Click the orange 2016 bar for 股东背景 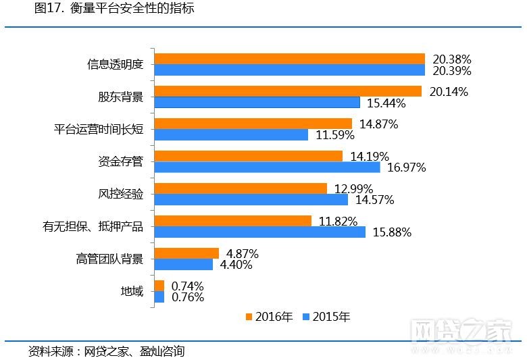tap(288, 91)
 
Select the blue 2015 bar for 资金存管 tap(268, 167)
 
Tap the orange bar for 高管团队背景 tap(187, 253)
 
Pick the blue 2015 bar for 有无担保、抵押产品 tap(260, 232)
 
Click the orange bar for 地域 tap(159, 286)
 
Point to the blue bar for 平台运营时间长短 tap(232, 134)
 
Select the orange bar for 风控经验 tap(241, 188)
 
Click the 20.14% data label tap(449, 92)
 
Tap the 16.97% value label tap(407, 168)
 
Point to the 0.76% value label tap(188, 297)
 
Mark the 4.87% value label tap(243, 254)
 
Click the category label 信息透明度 tap(116, 65)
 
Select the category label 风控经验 tap(121, 195)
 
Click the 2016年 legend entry tap(269, 317)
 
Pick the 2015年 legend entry tap(326, 317)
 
